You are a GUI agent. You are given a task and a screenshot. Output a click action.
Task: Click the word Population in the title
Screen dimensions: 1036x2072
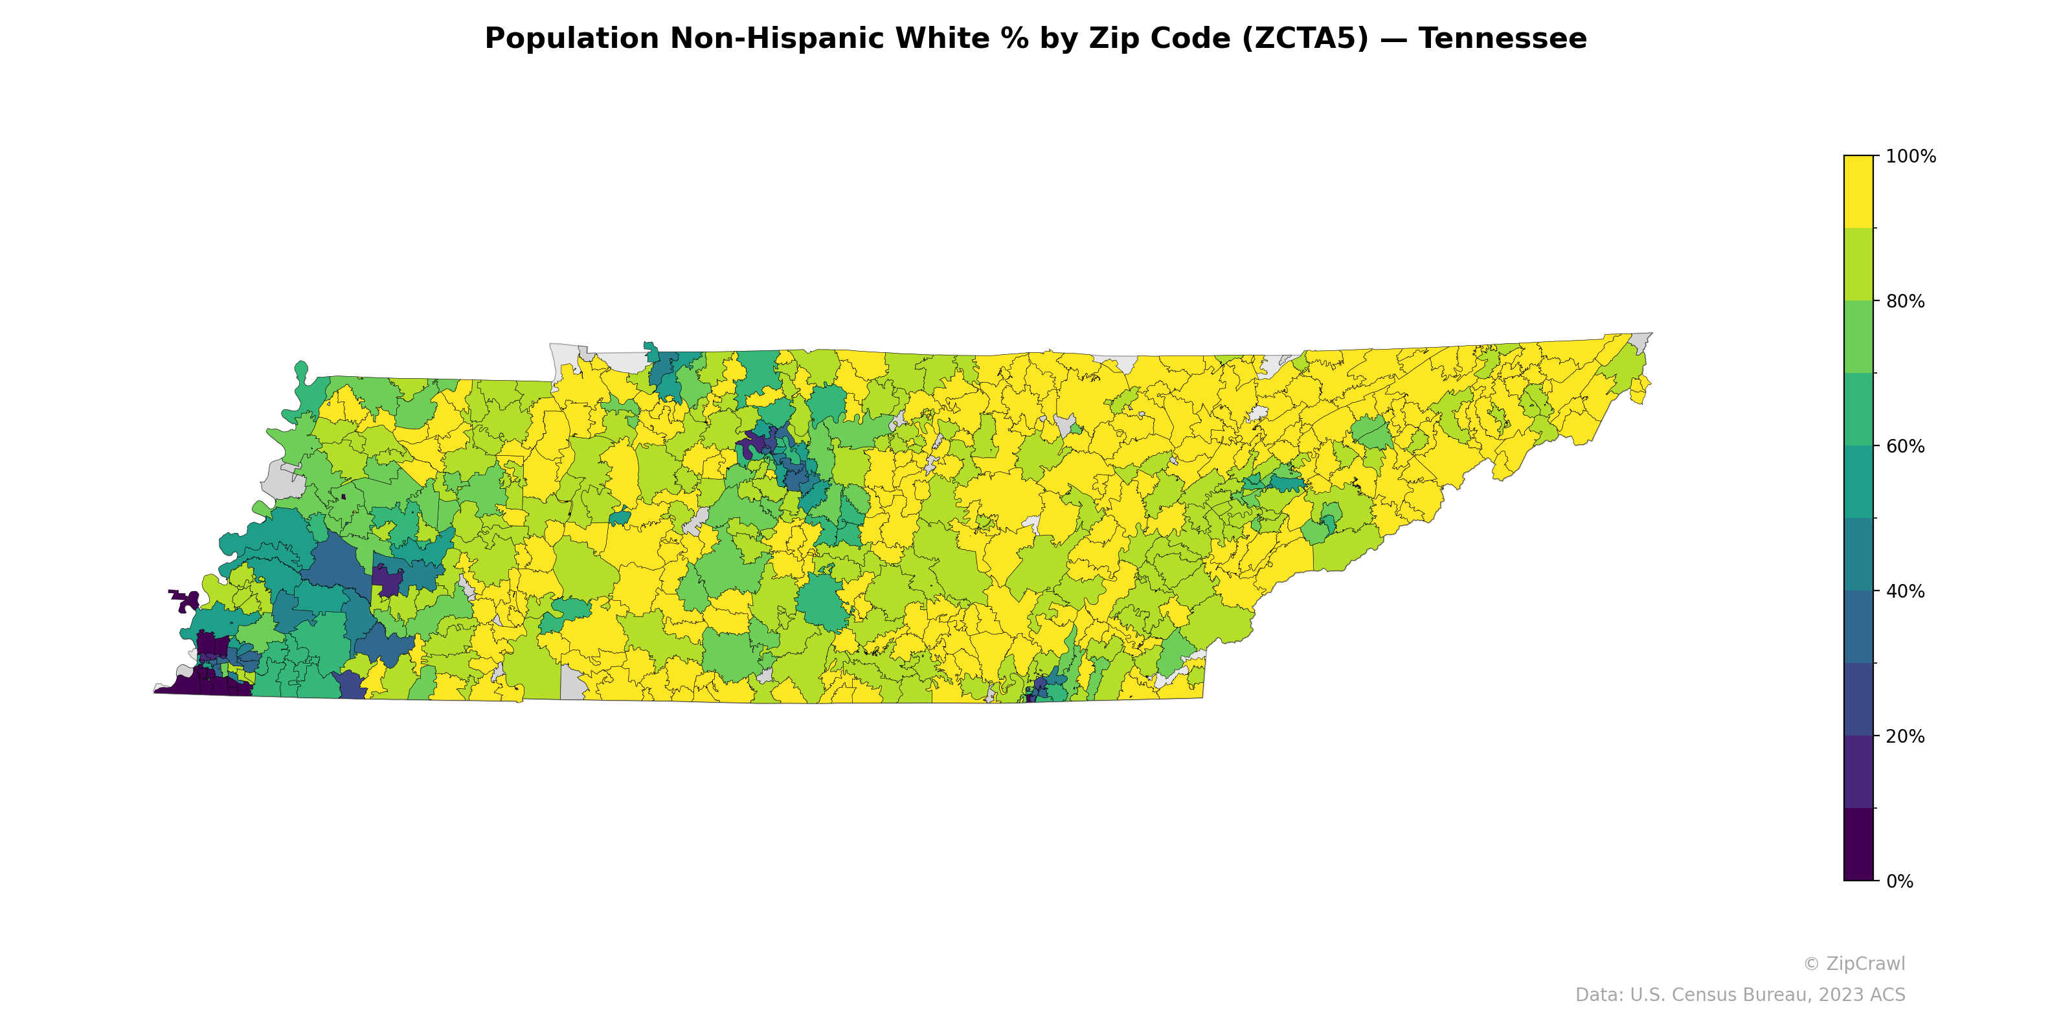[x=571, y=39]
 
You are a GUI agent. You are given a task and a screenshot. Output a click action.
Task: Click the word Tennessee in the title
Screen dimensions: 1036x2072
[x=1502, y=39]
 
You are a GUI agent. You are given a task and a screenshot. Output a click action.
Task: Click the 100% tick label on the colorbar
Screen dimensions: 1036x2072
[x=1910, y=157]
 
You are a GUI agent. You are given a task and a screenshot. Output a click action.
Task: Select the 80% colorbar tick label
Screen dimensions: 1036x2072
[x=1905, y=302]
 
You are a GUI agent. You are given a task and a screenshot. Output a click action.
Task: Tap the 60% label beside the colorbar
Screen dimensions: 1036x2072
[x=1905, y=446]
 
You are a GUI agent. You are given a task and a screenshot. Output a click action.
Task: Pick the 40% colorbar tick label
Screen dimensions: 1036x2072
[x=1905, y=591]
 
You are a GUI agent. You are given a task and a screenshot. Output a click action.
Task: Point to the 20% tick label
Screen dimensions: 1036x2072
[x=1905, y=736]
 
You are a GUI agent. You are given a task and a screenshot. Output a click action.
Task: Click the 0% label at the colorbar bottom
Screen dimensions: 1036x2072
[x=1900, y=881]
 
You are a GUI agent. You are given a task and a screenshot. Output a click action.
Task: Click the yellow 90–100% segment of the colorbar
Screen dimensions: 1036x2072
[x=1858, y=192]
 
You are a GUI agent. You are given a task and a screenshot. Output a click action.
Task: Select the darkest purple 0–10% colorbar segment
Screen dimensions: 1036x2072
[x=1858, y=844]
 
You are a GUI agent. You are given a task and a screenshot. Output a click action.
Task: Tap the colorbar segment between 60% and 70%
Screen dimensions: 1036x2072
[x=1858, y=409]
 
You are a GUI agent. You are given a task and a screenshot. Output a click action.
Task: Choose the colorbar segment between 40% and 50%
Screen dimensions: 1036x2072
[x=1858, y=554]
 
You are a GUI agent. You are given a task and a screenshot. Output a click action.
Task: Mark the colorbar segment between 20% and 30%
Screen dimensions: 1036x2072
[x=1858, y=699]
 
